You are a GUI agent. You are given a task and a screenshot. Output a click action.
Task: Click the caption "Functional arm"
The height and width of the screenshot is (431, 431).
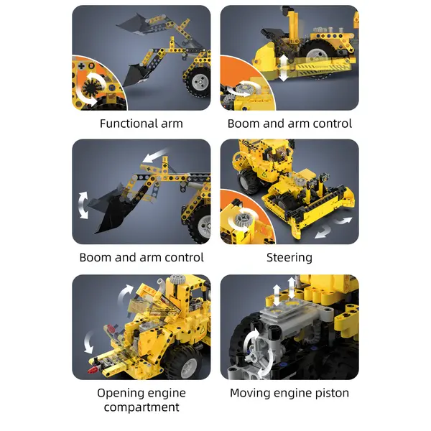142,124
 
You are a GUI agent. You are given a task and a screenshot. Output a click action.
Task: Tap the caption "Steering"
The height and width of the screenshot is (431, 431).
289,258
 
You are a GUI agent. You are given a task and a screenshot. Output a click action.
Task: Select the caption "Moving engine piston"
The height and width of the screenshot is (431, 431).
289,393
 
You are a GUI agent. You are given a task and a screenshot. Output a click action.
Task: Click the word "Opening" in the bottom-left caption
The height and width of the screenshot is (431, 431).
119,394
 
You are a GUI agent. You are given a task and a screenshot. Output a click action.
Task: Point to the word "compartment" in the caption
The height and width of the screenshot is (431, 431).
142,407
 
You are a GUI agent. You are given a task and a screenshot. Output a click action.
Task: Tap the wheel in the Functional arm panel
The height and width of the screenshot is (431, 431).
198,82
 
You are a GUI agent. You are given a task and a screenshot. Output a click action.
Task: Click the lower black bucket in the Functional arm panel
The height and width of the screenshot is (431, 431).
136,75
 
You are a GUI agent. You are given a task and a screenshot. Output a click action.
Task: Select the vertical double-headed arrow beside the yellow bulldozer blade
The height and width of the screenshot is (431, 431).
284,68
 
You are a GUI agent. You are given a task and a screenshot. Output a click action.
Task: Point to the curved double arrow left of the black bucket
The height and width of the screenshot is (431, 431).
83,205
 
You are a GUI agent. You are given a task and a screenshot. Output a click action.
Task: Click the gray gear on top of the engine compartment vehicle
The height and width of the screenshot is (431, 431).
177,279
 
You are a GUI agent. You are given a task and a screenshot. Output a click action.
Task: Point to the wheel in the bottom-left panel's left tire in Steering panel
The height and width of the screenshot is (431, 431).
248,181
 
